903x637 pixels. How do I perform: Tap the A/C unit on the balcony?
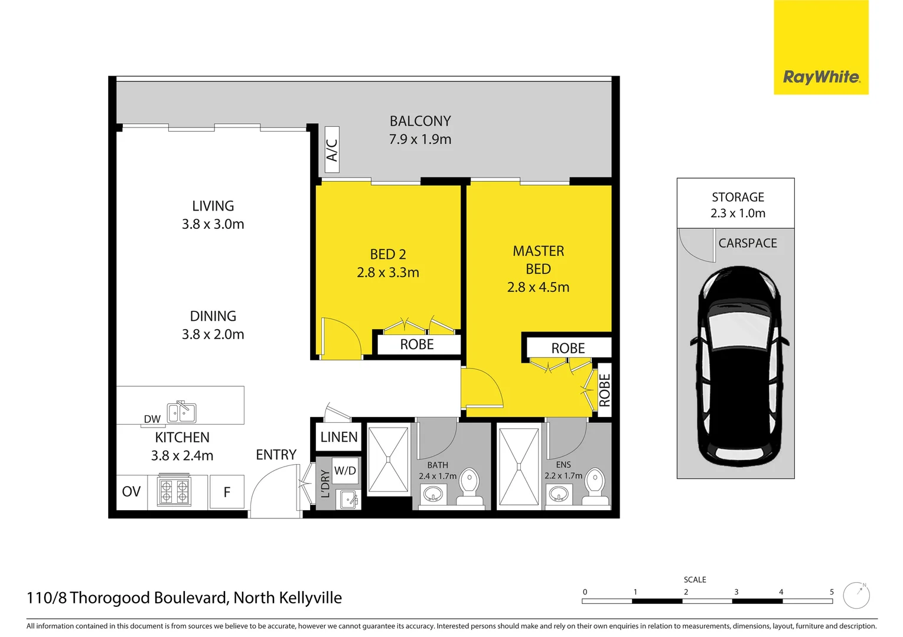click(332, 150)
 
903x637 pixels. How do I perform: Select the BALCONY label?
click(420, 121)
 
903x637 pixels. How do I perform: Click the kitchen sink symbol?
click(181, 412)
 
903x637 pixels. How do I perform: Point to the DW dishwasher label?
click(152, 419)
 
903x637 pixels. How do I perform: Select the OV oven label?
click(131, 492)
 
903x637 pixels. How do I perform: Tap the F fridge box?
click(227, 492)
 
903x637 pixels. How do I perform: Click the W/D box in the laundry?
click(345, 471)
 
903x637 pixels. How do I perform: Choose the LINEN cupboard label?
click(339, 437)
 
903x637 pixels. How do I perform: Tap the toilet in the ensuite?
click(595, 485)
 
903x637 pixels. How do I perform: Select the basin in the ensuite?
click(559, 493)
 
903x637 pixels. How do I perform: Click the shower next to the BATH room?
click(388, 459)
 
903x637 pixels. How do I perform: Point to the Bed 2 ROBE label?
click(417, 344)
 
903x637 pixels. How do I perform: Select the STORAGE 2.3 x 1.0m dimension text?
click(738, 214)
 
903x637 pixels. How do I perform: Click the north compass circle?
click(856, 596)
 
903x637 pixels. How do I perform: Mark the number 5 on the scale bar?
click(832, 592)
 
